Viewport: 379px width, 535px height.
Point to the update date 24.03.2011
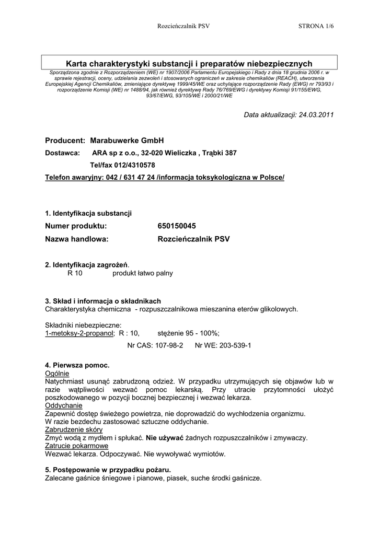click(x=315, y=114)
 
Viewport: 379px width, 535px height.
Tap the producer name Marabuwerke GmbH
click(x=127, y=141)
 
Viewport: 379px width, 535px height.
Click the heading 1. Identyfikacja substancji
click(x=88, y=213)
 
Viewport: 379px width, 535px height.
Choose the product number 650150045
click(x=177, y=226)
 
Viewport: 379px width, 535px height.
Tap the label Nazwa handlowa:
click(x=77, y=239)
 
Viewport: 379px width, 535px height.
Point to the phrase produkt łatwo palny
click(x=142, y=273)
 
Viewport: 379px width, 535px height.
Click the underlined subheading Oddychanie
click(x=64, y=405)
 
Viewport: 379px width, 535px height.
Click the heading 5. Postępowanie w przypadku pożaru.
click(x=108, y=469)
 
